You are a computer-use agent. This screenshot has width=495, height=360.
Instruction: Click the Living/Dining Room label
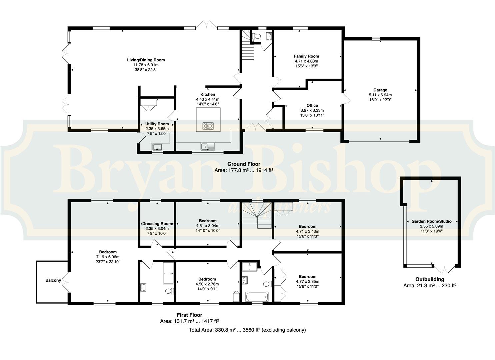(x=146, y=60)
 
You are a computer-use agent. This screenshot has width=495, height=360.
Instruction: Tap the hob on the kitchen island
(x=208, y=126)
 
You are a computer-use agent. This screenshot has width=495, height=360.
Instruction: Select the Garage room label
(x=380, y=90)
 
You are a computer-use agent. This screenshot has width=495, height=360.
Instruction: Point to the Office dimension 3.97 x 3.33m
(x=312, y=110)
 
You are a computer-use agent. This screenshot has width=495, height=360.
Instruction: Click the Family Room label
(x=306, y=56)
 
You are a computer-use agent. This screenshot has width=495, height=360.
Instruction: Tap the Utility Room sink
(x=157, y=147)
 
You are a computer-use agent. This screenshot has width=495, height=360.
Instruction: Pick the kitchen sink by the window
(x=208, y=146)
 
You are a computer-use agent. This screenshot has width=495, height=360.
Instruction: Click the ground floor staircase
(x=247, y=45)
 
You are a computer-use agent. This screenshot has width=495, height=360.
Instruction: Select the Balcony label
(x=53, y=280)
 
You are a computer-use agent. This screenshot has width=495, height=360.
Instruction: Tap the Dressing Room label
(x=157, y=224)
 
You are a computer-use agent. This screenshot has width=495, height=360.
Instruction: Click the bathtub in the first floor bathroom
(x=257, y=297)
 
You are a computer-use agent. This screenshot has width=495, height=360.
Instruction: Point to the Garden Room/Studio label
(x=431, y=221)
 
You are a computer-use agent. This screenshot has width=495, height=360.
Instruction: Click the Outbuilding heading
(x=430, y=279)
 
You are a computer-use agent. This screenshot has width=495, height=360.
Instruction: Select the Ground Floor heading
(x=244, y=164)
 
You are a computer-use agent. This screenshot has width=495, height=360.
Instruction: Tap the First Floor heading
(x=189, y=315)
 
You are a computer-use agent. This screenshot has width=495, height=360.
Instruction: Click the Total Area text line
(x=247, y=330)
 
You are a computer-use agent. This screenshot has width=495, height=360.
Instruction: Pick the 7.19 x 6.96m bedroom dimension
(x=108, y=257)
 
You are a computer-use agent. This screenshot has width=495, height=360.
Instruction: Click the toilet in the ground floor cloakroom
(x=256, y=36)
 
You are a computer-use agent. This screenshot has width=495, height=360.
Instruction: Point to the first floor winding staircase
(x=257, y=215)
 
